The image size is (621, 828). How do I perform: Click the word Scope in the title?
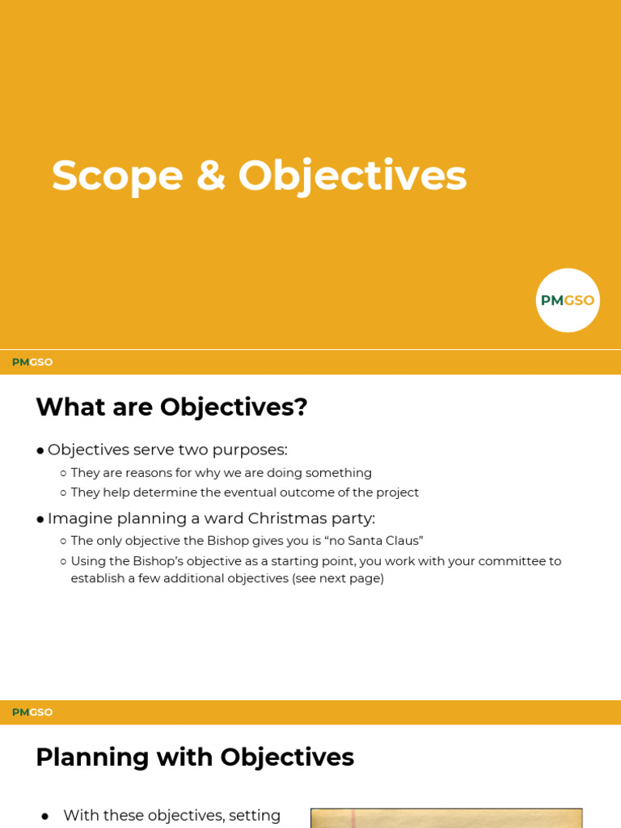coord(117,175)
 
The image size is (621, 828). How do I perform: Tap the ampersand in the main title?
coord(210,175)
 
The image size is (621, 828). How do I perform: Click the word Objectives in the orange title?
coord(353,175)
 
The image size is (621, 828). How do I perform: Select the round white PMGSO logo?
coord(568,300)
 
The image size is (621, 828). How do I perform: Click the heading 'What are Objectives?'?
coord(171,407)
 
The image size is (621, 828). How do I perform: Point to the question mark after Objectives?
coord(301,407)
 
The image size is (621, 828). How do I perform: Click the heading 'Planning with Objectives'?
coord(195,757)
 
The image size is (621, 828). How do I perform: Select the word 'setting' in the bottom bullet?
coord(254,815)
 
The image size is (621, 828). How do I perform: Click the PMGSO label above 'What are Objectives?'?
coord(32,362)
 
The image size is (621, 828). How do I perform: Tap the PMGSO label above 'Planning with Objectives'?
coord(32,712)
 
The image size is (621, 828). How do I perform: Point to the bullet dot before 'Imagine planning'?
coord(40,519)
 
